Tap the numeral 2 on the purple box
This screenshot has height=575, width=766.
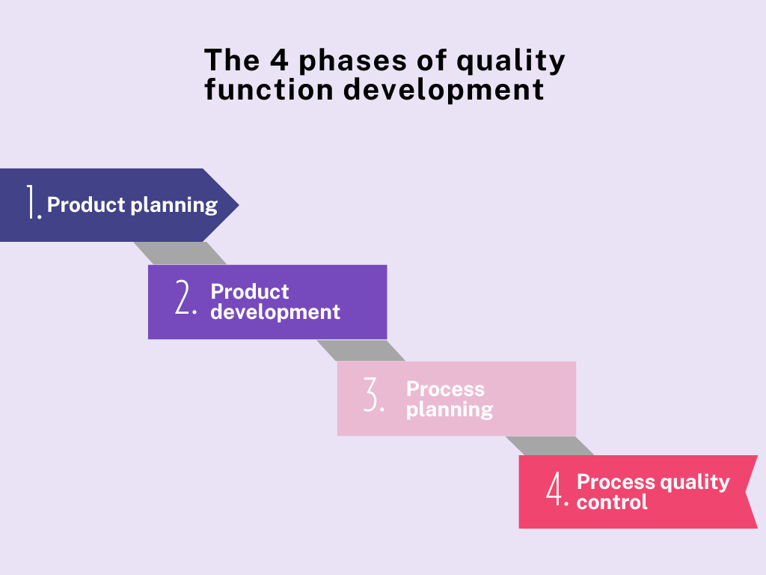click(184, 299)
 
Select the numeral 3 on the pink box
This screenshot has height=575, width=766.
click(373, 396)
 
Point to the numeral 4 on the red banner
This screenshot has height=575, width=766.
click(555, 491)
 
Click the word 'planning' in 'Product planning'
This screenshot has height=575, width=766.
click(176, 205)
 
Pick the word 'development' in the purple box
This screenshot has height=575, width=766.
click(275, 312)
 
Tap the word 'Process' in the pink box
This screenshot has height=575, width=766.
click(445, 389)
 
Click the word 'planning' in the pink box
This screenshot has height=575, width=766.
click(450, 410)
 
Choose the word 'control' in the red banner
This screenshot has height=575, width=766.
click(612, 502)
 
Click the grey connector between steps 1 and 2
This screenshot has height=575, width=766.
click(180, 253)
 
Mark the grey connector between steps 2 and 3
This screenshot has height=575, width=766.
click(361, 350)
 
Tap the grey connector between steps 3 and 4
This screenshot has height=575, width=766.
click(550, 445)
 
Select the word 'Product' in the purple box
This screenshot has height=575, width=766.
click(250, 292)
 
